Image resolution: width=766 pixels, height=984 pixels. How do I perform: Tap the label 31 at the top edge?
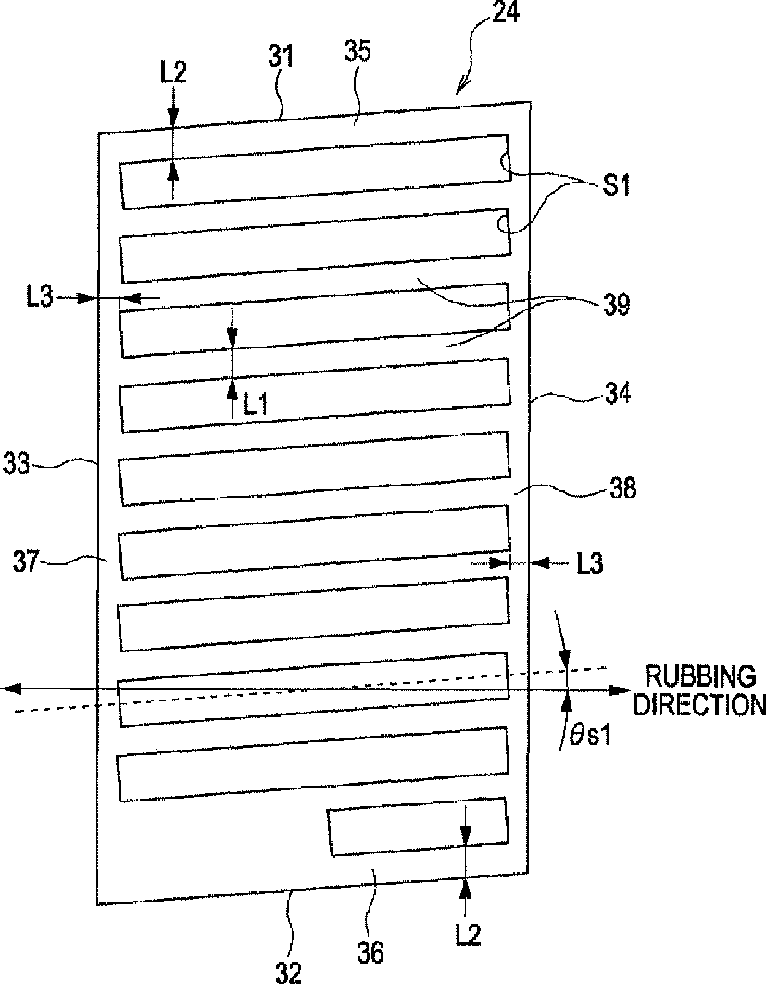[281, 57]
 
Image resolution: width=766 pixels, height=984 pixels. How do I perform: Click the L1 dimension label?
[258, 404]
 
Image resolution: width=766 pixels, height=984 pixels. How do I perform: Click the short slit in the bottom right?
[418, 826]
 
